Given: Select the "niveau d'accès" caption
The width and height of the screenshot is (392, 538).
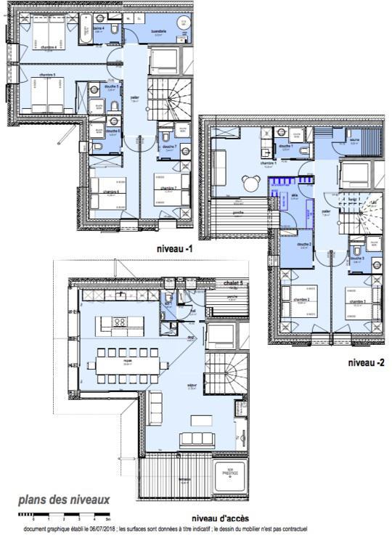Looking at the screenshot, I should [x=221, y=517].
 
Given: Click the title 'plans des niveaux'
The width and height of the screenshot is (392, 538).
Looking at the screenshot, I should [x=64, y=500].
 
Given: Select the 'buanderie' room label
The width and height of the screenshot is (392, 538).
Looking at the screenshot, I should [x=159, y=32].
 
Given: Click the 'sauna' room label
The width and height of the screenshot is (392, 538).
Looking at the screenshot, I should [x=355, y=140].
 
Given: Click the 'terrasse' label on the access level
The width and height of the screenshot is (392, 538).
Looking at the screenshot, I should [x=165, y=479].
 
